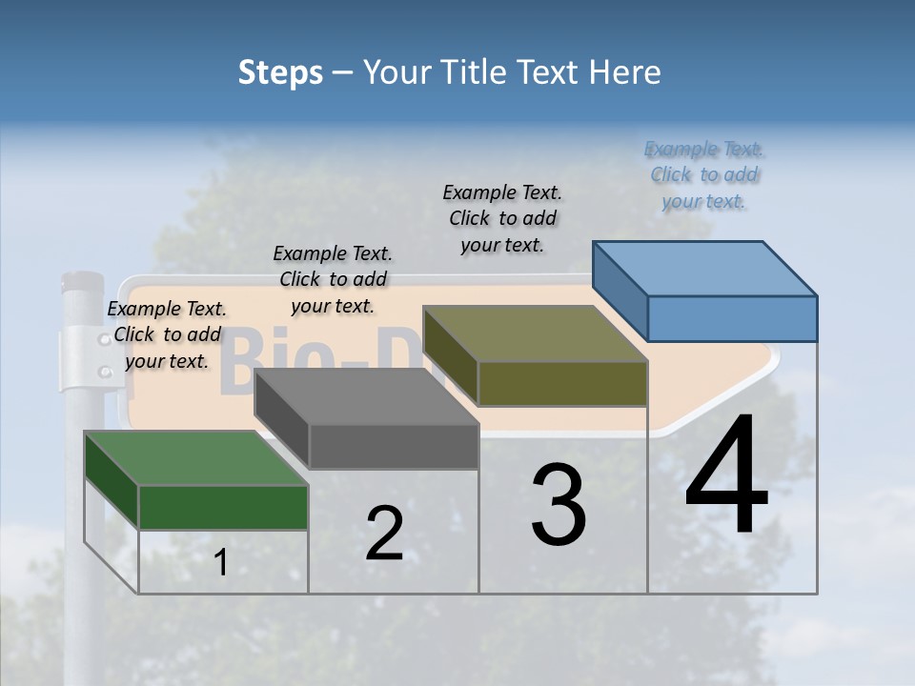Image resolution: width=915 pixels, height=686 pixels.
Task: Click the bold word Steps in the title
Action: point(280,72)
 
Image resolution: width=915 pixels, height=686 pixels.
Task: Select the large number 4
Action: point(726,476)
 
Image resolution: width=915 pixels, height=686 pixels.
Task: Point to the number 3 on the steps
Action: point(559,505)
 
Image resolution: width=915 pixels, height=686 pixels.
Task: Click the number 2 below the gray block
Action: point(384,534)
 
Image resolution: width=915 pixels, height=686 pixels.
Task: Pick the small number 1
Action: point(221,562)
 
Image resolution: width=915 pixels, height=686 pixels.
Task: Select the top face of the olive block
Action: point(535,333)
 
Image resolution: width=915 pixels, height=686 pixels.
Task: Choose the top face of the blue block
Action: point(705,268)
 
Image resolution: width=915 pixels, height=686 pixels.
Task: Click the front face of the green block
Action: point(223,507)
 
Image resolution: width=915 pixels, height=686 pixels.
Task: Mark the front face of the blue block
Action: point(732,318)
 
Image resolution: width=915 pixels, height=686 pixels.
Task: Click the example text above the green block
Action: point(167,334)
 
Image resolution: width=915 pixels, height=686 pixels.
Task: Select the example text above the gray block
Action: point(333,279)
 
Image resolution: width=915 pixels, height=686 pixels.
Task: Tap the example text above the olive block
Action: point(502,218)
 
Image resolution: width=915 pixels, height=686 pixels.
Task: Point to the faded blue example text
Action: point(704,174)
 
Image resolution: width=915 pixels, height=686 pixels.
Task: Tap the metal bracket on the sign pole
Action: point(84,359)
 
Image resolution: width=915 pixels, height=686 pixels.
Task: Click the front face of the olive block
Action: point(562,383)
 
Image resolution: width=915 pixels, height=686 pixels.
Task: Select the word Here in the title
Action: point(625,72)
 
